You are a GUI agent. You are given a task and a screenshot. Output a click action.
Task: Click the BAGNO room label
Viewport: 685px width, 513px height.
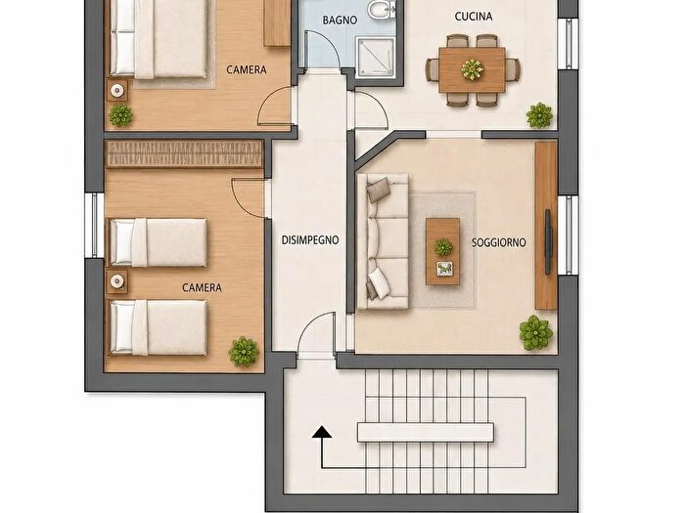340,21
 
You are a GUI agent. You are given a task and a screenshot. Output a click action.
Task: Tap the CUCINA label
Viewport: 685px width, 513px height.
473,17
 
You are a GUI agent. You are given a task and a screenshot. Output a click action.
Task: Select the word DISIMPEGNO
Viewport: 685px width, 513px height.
310,240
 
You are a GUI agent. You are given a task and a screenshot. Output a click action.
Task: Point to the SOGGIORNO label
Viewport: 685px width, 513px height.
498,242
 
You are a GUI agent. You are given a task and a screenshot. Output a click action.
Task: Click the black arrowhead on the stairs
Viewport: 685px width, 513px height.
322,432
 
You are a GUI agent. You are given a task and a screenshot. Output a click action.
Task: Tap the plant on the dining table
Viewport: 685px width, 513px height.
472,69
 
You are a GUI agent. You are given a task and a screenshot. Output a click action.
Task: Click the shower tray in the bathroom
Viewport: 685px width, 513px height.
376,58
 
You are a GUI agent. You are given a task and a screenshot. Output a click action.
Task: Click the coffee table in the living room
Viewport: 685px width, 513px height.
443,252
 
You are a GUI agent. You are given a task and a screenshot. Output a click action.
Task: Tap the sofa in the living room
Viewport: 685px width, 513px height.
383,241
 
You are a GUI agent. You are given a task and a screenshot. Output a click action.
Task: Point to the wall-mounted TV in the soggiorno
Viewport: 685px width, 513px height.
547,242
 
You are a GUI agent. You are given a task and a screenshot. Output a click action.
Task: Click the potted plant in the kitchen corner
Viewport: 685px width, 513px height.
539,115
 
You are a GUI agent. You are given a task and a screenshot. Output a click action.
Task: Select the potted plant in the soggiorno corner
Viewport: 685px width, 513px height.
536,333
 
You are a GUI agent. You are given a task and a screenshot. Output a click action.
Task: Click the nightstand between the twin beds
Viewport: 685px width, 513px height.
117,281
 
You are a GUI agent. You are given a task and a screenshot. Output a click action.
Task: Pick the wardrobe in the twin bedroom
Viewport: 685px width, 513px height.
184,154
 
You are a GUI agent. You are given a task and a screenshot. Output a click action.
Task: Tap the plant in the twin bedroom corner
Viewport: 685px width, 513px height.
244,351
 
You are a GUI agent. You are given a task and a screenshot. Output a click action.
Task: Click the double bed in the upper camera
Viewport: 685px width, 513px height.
159,39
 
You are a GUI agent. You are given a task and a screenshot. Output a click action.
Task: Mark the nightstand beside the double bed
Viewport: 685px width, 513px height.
117,90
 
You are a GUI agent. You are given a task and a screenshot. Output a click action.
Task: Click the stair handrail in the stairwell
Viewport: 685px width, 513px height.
426,432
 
